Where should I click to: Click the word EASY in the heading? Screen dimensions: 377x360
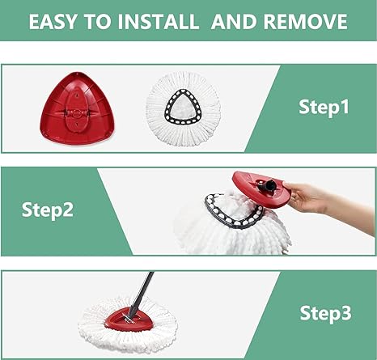click(x=53, y=21)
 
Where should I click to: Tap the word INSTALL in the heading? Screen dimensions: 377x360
click(x=159, y=21)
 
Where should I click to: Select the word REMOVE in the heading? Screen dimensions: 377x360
click(x=306, y=21)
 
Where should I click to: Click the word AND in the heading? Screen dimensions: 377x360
click(x=234, y=21)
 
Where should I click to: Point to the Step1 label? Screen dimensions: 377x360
click(x=324, y=107)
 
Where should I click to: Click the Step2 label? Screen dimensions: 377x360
click(x=48, y=210)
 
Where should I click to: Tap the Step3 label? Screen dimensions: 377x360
click(x=325, y=313)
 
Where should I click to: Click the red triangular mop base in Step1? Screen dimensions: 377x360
click(x=78, y=108)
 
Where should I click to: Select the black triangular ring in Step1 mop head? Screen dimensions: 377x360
click(x=184, y=107)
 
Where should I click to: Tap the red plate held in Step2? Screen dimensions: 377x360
click(x=261, y=188)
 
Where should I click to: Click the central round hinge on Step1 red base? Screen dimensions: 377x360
click(x=77, y=113)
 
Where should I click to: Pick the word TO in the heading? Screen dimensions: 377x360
click(x=97, y=21)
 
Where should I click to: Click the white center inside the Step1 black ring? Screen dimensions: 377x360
click(x=184, y=108)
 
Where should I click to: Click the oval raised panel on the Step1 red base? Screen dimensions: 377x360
click(x=77, y=112)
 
